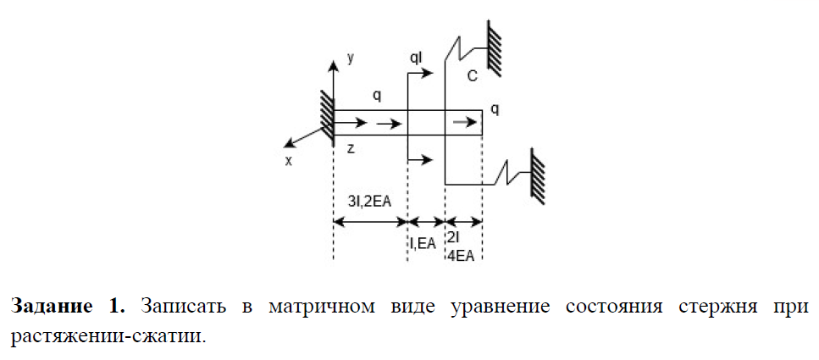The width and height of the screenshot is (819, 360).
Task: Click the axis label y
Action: (350, 58)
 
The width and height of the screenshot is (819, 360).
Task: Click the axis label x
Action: (288, 159)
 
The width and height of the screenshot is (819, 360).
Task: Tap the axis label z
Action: (351, 147)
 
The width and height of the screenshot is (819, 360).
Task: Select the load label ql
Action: (416, 58)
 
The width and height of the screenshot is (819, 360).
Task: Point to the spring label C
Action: (473, 76)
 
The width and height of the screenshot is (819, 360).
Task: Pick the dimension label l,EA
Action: (423, 243)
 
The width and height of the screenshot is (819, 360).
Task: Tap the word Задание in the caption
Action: (50, 306)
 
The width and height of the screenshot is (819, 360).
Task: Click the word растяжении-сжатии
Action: (108, 335)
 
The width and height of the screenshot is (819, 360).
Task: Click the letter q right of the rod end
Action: (495, 109)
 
